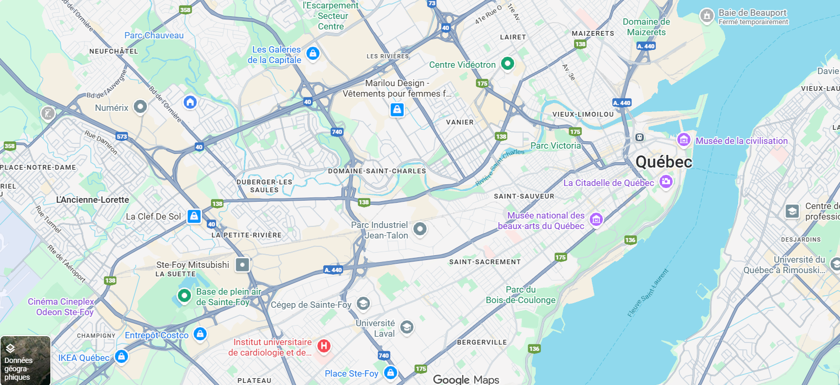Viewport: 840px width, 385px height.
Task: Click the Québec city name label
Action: point(664,162)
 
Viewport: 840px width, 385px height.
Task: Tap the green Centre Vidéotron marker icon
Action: point(507,64)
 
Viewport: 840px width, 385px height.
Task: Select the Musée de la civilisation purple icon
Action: point(683,140)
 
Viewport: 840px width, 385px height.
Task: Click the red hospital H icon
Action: point(324,346)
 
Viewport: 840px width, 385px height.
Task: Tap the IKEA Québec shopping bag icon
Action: point(121,357)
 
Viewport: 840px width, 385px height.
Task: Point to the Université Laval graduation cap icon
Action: point(407,328)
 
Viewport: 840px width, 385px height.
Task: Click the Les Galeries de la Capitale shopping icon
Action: point(313,53)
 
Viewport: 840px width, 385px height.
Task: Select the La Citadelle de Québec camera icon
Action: point(666,182)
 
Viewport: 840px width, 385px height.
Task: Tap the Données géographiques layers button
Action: point(25,360)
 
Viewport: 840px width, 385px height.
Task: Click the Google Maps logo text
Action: point(466,379)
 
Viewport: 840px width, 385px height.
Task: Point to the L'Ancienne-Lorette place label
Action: point(92,200)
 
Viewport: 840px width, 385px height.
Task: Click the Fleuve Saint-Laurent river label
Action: point(648,293)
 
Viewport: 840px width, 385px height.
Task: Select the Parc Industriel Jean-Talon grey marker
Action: point(420,228)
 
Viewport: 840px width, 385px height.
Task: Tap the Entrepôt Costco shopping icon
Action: point(200,334)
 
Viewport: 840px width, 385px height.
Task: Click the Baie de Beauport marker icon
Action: point(707,16)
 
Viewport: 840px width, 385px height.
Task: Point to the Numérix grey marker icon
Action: point(140,107)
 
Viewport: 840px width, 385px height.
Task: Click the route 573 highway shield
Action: point(122,137)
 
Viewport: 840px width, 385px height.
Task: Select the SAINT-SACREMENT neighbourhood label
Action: point(485,262)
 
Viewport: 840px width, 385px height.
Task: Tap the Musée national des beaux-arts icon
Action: point(596,220)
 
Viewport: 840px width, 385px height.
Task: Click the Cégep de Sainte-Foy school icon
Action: point(363,304)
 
